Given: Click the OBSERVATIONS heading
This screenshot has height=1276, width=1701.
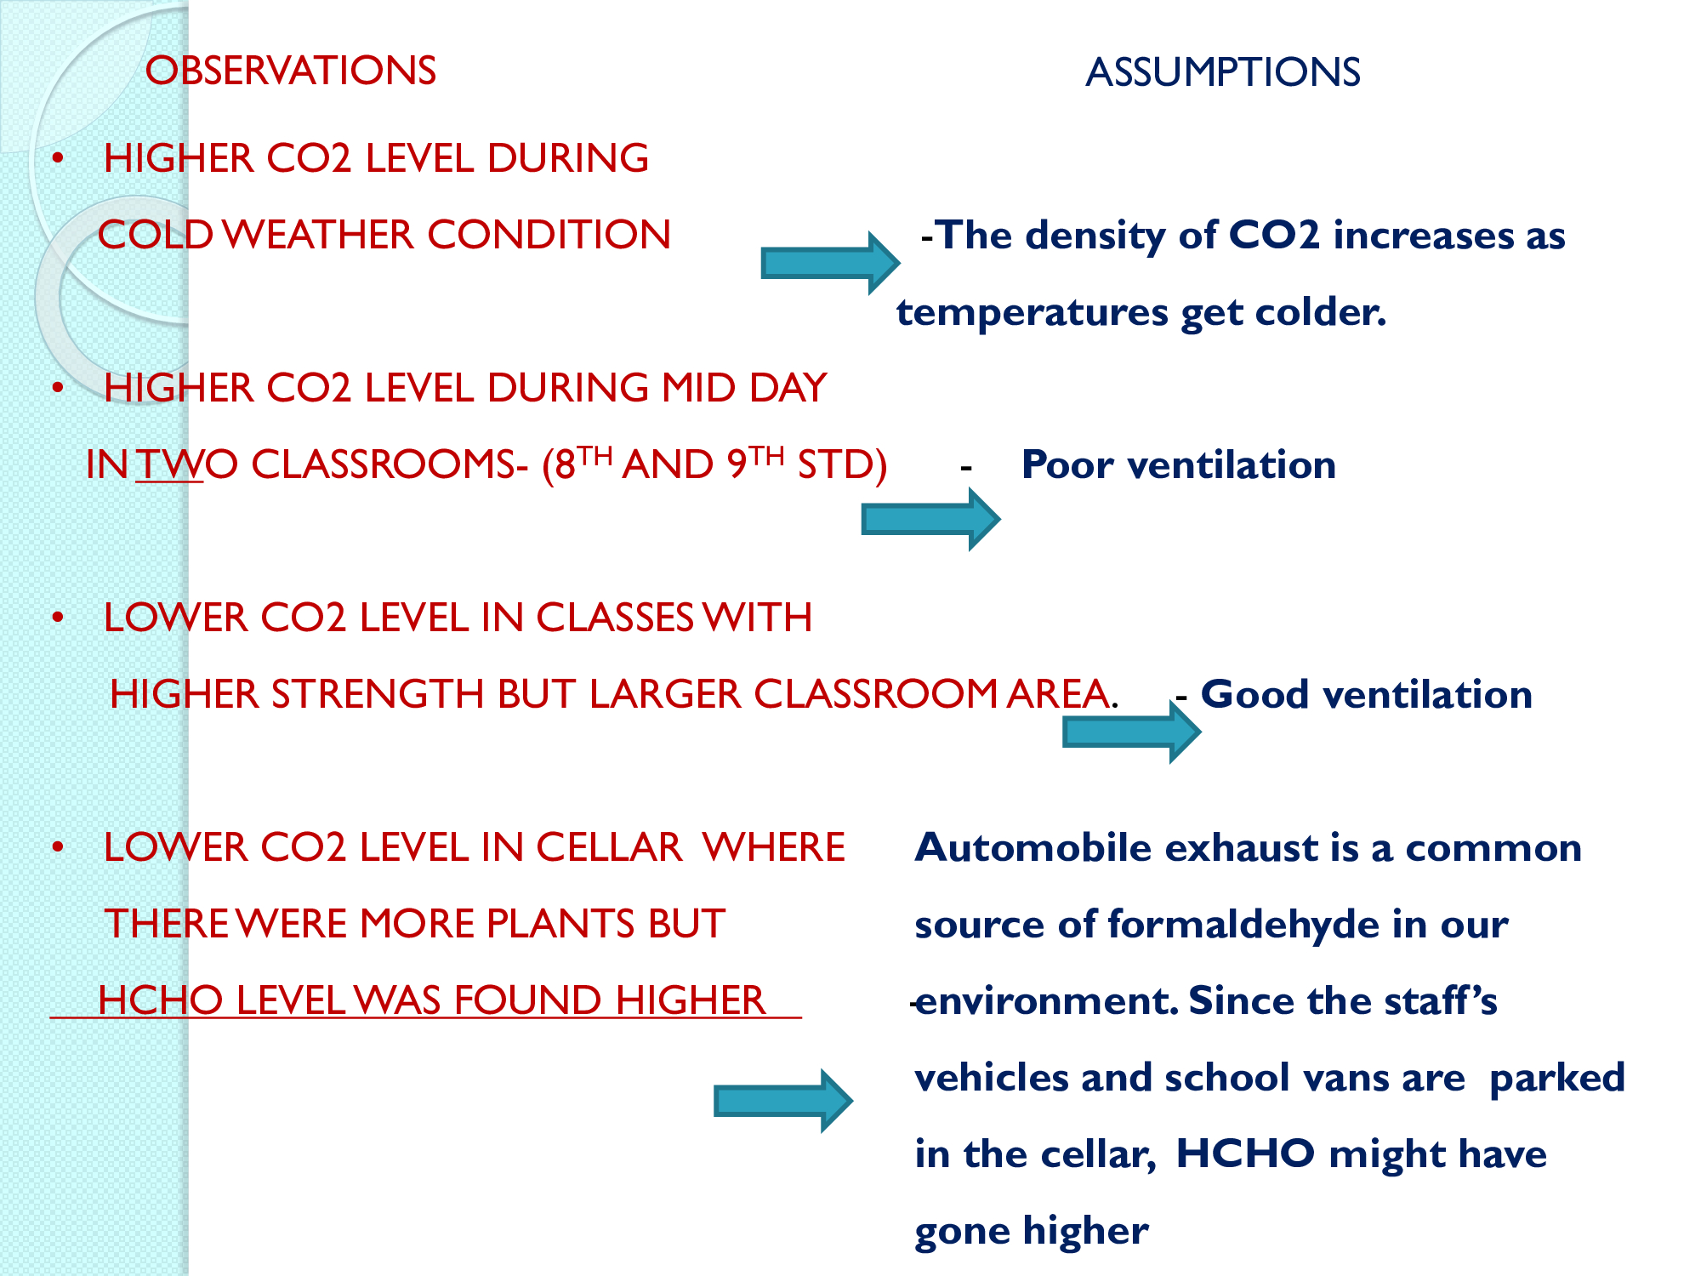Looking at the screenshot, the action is pos(291,71).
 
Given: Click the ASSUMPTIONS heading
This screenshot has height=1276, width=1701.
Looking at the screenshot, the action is pos(1223,72).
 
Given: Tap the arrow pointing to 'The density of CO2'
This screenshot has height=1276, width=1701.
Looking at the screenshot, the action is pos(830,263).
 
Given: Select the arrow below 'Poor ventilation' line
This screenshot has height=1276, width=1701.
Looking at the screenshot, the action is pos(930,519).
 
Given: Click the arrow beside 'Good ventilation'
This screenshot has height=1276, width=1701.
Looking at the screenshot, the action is pos(1131,732).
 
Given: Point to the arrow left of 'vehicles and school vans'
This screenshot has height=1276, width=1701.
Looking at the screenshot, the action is pos(783,1101).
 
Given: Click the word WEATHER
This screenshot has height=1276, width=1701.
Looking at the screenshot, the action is pos(319,235).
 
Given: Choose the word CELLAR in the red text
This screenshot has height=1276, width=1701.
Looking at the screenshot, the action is pos(609,847).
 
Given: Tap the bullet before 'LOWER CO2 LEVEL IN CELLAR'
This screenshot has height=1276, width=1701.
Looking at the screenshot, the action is pos(58,847).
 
